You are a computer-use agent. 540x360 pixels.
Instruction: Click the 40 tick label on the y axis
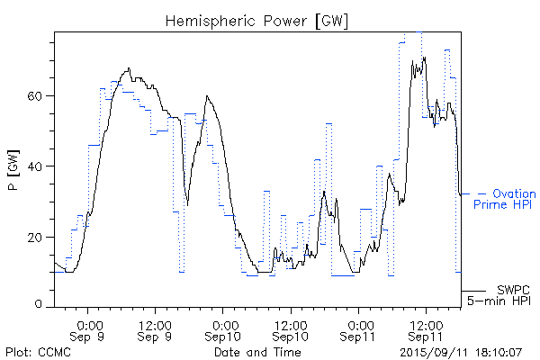coord(43,166)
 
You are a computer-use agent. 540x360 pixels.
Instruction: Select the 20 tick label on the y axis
coord(43,237)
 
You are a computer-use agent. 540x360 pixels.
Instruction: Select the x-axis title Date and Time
coord(257,352)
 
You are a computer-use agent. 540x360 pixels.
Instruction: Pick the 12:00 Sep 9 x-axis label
coord(156,330)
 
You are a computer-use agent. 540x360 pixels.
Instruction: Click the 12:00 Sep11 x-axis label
coord(426,330)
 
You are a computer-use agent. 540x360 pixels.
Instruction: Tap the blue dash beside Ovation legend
coord(482,193)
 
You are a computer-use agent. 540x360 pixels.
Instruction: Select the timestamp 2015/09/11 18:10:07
coord(460,352)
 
